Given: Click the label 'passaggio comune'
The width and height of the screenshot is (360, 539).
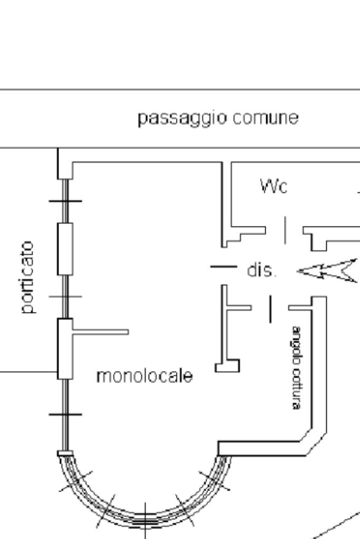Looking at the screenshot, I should pyautogui.click(x=218, y=119).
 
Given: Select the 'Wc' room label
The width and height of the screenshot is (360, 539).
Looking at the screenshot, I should pyautogui.click(x=274, y=185).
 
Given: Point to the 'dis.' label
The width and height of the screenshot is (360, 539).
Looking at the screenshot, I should pyautogui.click(x=261, y=271).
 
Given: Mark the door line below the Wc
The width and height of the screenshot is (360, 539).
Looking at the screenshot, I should pyautogui.click(x=285, y=230).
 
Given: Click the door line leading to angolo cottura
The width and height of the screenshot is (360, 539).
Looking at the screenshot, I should pyautogui.click(x=271, y=309).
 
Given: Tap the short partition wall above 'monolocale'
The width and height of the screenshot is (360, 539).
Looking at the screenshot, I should pyautogui.click(x=100, y=332).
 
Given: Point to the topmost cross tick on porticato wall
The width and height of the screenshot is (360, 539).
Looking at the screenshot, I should pyautogui.click(x=65, y=201).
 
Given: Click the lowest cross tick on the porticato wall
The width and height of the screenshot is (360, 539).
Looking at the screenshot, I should pyautogui.click(x=65, y=415).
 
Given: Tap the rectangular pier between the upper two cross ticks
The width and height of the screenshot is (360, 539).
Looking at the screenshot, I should pyautogui.click(x=65, y=248).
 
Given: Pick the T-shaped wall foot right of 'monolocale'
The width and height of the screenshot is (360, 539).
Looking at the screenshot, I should pyautogui.click(x=227, y=366).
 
